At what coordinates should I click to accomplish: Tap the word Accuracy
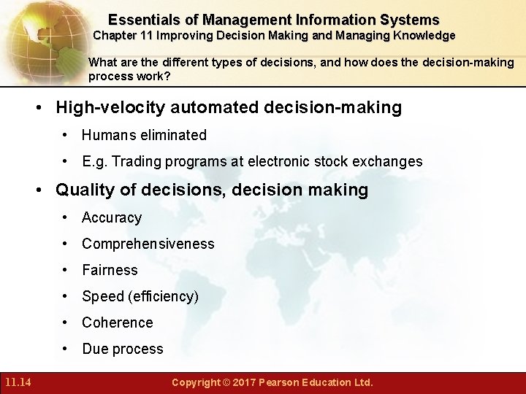[x=112, y=217]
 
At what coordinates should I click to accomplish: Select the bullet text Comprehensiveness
[x=148, y=244]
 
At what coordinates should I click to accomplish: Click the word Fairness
[x=110, y=270]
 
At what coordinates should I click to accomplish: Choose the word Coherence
[x=118, y=322]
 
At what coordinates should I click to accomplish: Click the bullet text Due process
[x=123, y=349]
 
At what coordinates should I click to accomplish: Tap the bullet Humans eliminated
[x=144, y=135]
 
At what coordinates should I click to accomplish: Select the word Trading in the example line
[x=139, y=161]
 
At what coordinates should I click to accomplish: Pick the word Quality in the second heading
[x=85, y=190]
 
